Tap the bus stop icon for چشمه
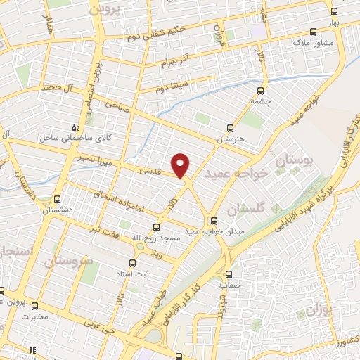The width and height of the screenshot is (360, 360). tap(261, 90)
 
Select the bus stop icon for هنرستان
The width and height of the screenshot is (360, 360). tap(229, 128)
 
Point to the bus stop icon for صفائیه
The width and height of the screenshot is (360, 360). tap(229, 275)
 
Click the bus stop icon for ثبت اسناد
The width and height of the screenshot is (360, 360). tap(125, 258)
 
